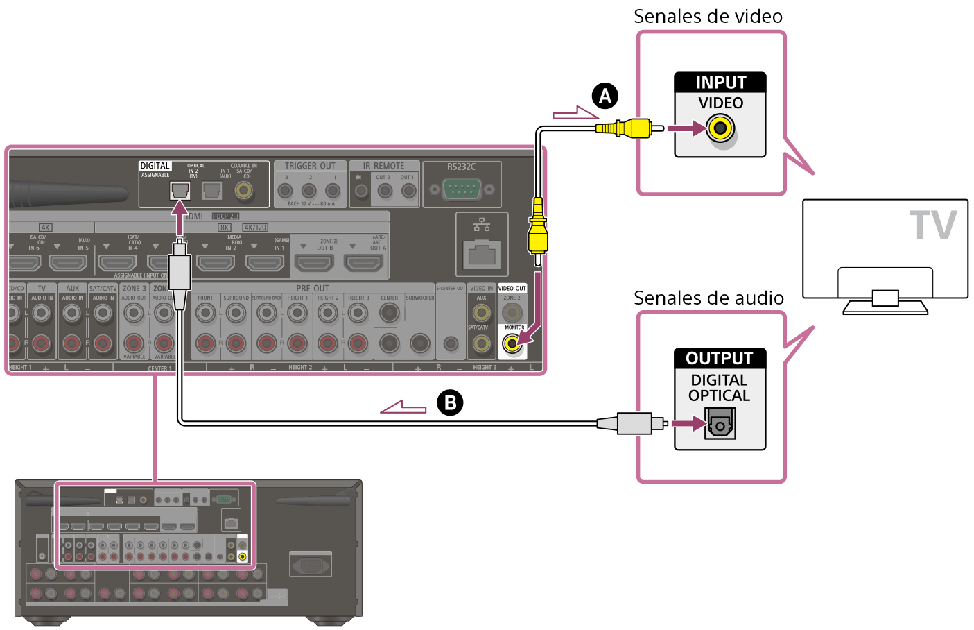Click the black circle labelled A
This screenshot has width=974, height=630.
[x=605, y=96]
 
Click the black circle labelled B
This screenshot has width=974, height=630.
[x=450, y=402]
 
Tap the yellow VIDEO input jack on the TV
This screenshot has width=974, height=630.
[x=720, y=128]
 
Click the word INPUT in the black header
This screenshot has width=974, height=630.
[x=720, y=83]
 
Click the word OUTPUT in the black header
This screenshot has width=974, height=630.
[x=720, y=358]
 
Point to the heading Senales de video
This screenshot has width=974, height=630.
[x=708, y=16]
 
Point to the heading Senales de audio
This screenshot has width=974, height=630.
[x=708, y=298]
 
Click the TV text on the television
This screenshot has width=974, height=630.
[x=933, y=225]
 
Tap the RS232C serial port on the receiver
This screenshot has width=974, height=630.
[x=461, y=188]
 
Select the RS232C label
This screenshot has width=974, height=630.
[x=461, y=167]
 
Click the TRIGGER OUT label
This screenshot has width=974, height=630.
[x=310, y=166]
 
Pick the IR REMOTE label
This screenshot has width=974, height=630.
[x=384, y=166]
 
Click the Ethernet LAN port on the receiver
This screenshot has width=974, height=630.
[x=482, y=253]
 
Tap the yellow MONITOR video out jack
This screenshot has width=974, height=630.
[x=512, y=343]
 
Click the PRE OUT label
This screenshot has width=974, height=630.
[x=313, y=288]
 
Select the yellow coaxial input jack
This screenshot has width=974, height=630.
[x=243, y=189]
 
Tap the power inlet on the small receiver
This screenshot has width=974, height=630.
[x=309, y=564]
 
